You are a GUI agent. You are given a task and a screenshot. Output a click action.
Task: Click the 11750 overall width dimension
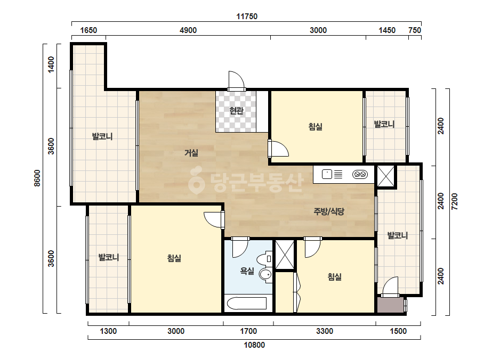pos(247,17)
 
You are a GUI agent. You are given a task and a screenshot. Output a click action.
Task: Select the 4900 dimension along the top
pos(188,30)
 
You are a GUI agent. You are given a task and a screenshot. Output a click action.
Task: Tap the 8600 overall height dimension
pos(37,178)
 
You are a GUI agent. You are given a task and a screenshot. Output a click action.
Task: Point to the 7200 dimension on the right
pos(454,202)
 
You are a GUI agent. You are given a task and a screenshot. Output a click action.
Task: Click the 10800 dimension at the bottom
pos(254,345)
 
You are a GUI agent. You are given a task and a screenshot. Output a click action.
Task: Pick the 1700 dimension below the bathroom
pos(248,331)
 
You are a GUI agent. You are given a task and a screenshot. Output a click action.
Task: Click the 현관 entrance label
pos(236,110)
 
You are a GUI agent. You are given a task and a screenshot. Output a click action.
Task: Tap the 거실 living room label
pos(191,153)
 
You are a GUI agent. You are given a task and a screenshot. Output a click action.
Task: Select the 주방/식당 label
pos(328,211)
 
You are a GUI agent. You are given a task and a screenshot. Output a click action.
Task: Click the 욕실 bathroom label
pos(247,271)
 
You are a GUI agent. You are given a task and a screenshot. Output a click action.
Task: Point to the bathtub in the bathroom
pos(247,303)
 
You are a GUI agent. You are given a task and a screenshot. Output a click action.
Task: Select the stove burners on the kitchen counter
pos(360,174)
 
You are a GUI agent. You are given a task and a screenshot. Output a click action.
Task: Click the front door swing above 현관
pos(236,81)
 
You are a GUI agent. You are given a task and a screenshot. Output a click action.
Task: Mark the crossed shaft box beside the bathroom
pos(285,255)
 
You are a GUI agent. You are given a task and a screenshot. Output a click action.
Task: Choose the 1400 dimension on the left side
pos(51,64)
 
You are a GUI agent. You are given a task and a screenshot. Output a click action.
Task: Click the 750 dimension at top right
pos(415,30)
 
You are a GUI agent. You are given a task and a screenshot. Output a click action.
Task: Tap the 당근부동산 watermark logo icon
pos(196,181)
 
